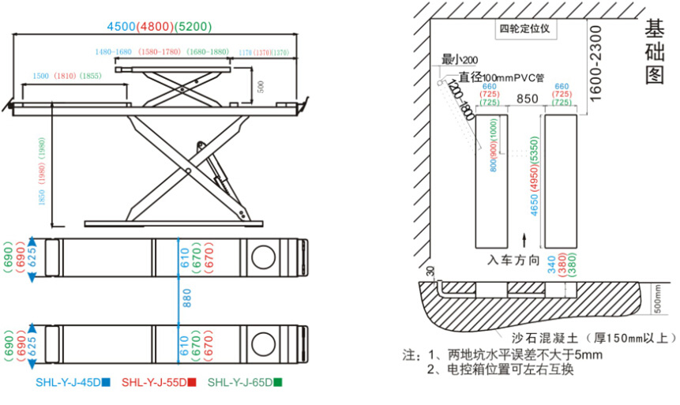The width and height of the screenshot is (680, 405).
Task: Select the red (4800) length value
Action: [x=157, y=26]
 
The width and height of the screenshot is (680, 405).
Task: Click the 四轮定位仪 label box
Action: [x=529, y=30]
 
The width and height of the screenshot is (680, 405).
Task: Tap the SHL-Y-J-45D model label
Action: [x=73, y=382]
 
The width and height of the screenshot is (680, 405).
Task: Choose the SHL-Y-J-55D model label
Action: [x=158, y=382]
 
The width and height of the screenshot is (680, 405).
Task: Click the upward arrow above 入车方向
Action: [x=526, y=238]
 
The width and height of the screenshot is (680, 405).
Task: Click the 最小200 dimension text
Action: [x=460, y=60]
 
